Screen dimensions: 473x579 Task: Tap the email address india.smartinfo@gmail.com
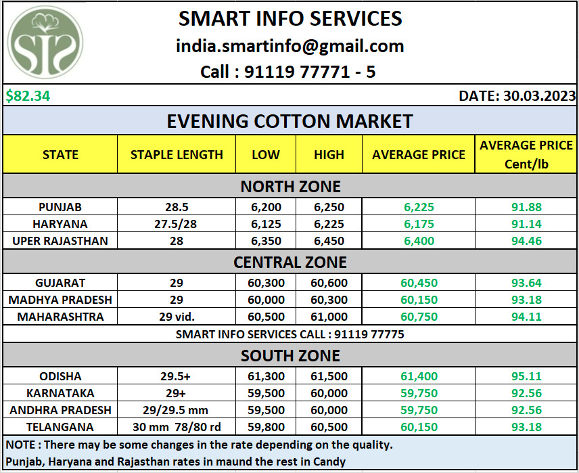290,46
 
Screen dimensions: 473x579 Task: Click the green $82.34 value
28,96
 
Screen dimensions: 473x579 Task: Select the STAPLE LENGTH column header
177,154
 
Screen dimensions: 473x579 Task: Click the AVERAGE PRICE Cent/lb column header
526,154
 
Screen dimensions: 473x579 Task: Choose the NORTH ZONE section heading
290,186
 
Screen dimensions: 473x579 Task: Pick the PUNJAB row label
60,207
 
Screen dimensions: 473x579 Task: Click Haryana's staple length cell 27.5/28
177,224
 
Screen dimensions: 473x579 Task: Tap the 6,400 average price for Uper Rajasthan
419,241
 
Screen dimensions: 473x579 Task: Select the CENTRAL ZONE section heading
290,262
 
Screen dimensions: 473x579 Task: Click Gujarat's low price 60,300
266,283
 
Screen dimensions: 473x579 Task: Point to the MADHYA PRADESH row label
60,300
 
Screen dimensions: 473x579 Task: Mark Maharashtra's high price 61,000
329,317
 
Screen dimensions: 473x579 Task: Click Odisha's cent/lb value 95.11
526,376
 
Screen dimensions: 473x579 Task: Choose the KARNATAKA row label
60,393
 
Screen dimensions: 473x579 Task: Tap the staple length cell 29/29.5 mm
177,410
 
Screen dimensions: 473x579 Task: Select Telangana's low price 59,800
266,427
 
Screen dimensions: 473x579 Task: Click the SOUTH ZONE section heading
290,355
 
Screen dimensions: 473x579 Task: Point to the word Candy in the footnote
327,462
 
